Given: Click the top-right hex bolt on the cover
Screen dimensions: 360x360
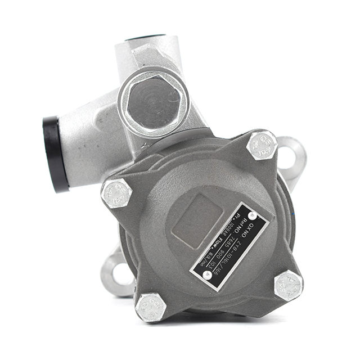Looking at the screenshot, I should click(262, 145).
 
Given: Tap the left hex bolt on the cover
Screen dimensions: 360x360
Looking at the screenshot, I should click(116, 193).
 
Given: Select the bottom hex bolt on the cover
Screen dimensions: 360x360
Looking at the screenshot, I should click(151, 307).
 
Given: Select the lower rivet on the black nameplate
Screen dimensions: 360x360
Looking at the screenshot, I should click(207, 274).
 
